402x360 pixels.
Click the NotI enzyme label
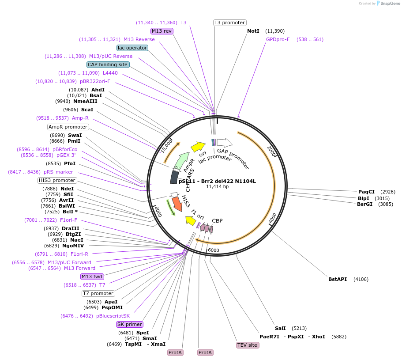pyautogui.click(x=253, y=31)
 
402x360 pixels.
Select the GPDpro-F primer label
pyautogui.click(x=278, y=39)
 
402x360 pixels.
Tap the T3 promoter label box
pyautogui.click(x=229, y=23)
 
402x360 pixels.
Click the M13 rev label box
pyautogui.click(x=162, y=31)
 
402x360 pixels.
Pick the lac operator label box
pyautogui.click(x=132, y=48)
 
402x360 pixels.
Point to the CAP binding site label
pyautogui.click(x=108, y=64)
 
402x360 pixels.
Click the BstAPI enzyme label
pyautogui.click(x=338, y=279)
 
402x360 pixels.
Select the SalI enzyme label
pyautogui.click(x=280, y=328)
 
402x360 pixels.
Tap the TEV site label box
pyautogui.click(x=247, y=345)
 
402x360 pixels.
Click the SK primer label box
pyautogui.click(x=130, y=324)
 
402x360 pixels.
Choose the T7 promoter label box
pyautogui.click(x=98, y=293)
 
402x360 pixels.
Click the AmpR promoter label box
pyautogui.click(x=68, y=127)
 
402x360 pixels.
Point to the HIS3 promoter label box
pyautogui.click(x=57, y=180)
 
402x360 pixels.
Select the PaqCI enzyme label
pyautogui.click(x=366, y=192)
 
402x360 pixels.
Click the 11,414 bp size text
pyautogui.click(x=218, y=187)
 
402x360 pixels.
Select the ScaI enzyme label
pyautogui.click(x=87, y=110)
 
